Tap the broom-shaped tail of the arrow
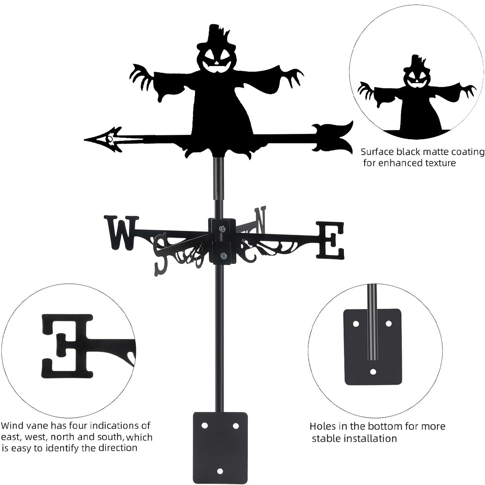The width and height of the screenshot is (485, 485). pyautogui.click(x=335, y=137)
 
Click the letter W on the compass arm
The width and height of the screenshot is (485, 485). pyautogui.click(x=121, y=232)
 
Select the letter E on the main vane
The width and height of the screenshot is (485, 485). pyautogui.click(x=330, y=240)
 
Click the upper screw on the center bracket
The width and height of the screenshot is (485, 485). pyautogui.click(x=222, y=228)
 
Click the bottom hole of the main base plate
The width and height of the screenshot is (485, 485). pyautogui.click(x=220, y=471)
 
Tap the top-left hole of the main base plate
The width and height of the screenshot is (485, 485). pyautogui.click(x=204, y=425)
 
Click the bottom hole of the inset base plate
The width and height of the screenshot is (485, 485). pyautogui.click(x=372, y=372)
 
